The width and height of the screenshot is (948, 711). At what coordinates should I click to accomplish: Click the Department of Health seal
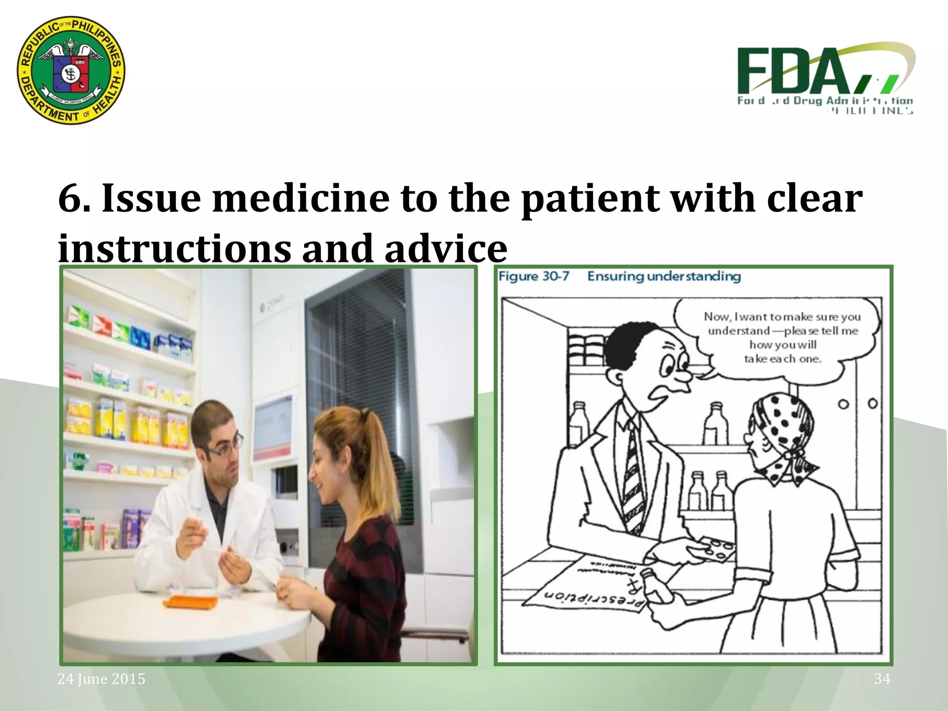pos(71,70)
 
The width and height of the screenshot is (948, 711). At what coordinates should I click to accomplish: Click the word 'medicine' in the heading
pos(300,198)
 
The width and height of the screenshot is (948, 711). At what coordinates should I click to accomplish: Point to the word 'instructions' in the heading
pos(174,248)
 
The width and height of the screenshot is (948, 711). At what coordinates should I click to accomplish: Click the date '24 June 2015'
pos(101,679)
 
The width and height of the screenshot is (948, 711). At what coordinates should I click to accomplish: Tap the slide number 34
pos(882,679)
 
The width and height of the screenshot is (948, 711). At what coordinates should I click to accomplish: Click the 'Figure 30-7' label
pos(534,276)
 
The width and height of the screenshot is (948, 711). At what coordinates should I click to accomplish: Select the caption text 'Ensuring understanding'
pos(664,276)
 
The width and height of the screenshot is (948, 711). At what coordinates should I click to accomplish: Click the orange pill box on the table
pos(190,602)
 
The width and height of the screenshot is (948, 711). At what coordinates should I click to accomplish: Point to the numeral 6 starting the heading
pos(70,198)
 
